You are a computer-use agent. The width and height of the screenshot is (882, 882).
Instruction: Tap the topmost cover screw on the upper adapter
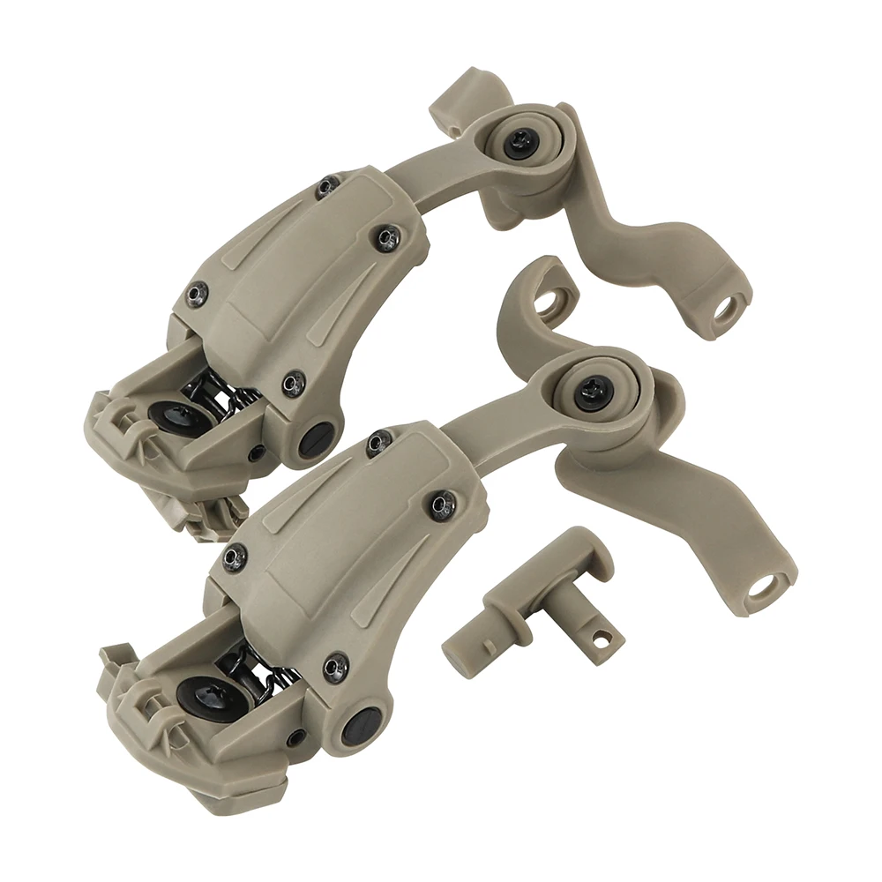pos(327,186)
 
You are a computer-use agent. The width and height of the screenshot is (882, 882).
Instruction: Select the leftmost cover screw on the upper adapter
pos(198,291)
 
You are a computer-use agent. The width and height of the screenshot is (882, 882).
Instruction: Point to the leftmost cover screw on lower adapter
pos(234,557)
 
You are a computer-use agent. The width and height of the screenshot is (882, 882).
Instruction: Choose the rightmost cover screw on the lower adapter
pos(441,503)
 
